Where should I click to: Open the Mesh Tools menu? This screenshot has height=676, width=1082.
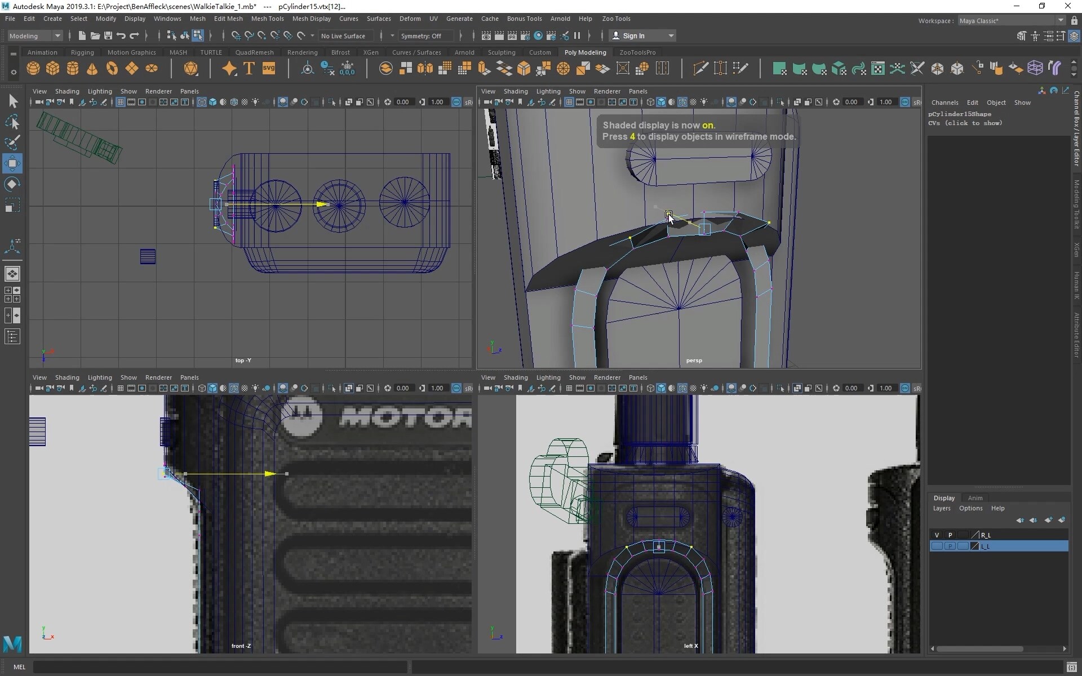tap(267, 19)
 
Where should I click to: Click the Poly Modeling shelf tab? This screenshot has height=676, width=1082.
tap(585, 52)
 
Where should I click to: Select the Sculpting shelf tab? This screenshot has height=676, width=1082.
tap(501, 52)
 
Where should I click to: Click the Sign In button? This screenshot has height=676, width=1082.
tap(633, 35)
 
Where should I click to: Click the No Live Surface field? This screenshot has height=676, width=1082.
tap(343, 35)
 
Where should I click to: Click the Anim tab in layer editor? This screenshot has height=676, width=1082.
tap(975, 498)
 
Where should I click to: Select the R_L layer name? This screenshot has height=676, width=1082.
tap(986, 535)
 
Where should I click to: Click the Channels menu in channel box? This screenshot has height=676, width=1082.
tap(944, 103)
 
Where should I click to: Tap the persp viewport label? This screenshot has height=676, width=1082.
tap(694, 361)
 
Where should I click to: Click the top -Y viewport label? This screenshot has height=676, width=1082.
tap(243, 361)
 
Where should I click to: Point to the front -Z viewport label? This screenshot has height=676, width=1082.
tap(241, 646)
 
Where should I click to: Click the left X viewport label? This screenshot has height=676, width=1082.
tap(691, 646)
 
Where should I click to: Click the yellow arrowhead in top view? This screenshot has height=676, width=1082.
tap(323, 204)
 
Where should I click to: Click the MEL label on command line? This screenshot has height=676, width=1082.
tap(19, 667)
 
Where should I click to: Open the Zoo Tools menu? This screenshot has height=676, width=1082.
tap(616, 19)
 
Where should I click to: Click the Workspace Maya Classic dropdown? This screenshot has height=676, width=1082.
tap(1011, 21)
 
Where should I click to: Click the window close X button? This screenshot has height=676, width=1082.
tap(1067, 6)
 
